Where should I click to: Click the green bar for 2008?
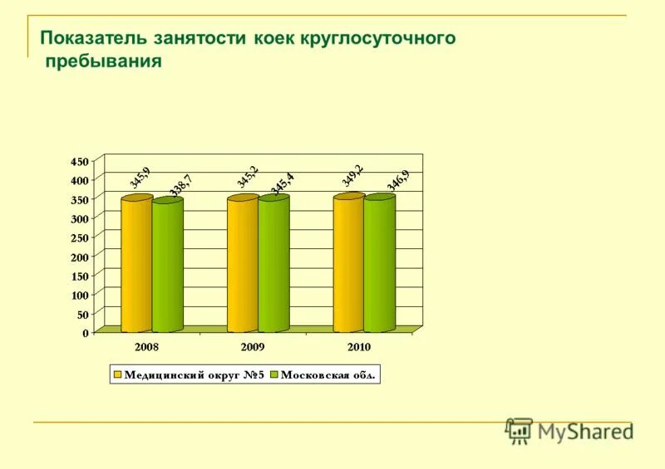(167, 266)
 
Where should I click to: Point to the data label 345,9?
(140, 177)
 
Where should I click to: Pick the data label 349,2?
(352, 175)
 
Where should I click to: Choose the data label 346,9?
(397, 180)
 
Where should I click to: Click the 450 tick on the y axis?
(79, 160)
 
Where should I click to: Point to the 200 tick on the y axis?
(79, 256)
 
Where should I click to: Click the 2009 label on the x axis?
(253, 347)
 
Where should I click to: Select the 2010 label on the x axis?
(359, 347)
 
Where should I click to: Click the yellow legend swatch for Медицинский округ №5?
(118, 375)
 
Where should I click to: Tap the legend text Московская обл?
(328, 375)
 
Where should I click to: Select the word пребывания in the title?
(103, 62)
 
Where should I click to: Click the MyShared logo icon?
(519, 430)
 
